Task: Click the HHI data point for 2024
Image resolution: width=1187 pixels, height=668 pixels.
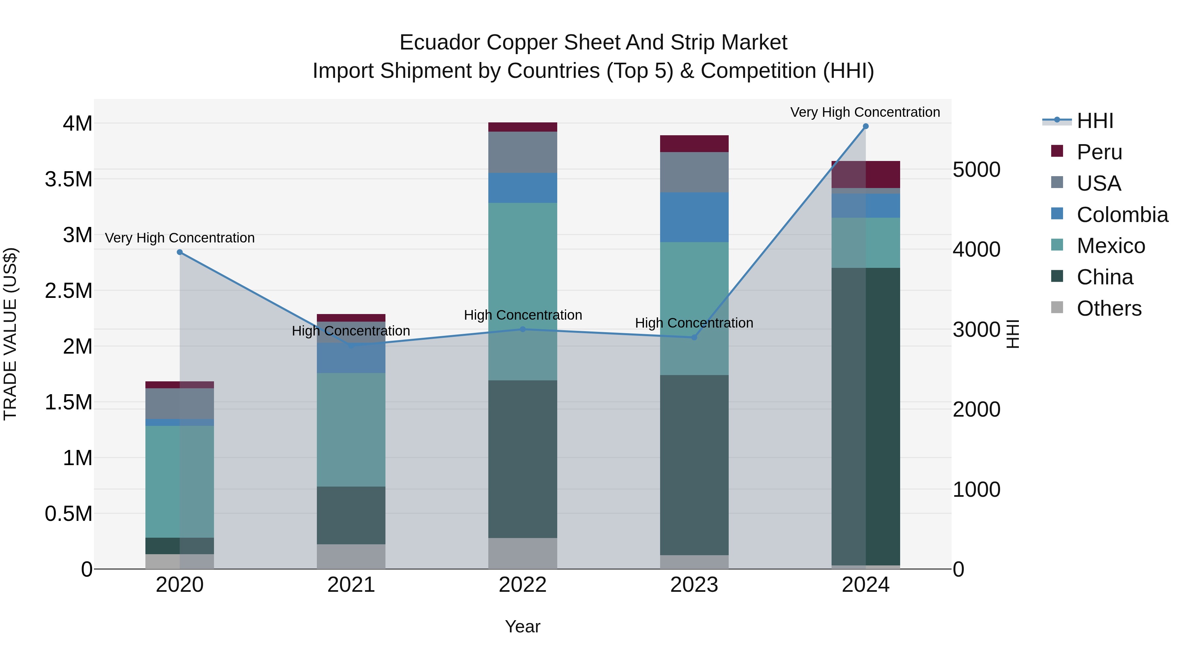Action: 866,126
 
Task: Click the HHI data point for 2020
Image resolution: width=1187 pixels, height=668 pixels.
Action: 180,252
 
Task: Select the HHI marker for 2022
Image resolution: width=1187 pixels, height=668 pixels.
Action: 523,329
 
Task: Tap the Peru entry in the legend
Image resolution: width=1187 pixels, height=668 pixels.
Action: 1099,152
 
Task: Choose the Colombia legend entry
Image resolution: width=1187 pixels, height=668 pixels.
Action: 1122,215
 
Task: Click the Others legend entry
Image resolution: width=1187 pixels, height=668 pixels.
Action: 1109,308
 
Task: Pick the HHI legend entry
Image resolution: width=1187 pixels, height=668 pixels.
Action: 1094,121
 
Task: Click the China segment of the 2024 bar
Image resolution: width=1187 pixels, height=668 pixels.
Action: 866,415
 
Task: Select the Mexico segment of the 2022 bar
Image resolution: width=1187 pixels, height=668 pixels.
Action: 523,290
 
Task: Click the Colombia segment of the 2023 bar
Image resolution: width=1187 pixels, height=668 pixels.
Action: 694,217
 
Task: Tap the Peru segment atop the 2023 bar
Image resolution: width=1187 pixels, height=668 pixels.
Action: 694,143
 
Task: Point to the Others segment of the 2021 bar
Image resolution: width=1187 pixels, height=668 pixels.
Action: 351,557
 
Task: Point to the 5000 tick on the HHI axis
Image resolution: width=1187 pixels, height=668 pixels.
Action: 976,170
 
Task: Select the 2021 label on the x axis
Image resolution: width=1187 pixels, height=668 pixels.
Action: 351,585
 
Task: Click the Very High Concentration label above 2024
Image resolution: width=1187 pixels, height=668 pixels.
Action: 865,112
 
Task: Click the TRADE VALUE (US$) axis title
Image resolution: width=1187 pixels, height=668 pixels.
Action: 10,334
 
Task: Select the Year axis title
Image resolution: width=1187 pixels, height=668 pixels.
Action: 523,626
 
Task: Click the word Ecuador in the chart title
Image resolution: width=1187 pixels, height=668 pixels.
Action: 440,43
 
